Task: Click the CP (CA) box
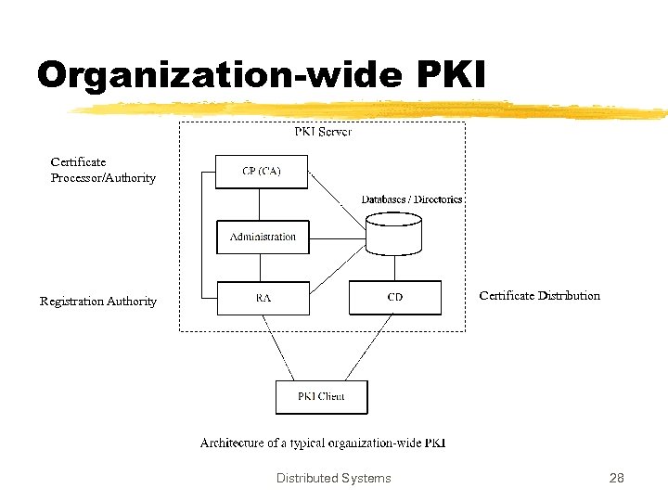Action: click(x=262, y=172)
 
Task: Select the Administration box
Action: click(x=263, y=237)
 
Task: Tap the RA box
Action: click(x=263, y=298)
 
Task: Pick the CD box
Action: click(x=395, y=298)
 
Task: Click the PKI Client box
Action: click(x=321, y=396)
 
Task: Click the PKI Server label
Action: click(x=323, y=132)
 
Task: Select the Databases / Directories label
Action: click(x=411, y=199)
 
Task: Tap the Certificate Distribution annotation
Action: click(x=539, y=296)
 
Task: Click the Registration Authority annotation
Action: click(x=98, y=302)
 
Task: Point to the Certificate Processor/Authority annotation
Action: click(x=103, y=170)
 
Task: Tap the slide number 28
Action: click(x=616, y=479)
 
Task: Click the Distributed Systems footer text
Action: click(x=333, y=479)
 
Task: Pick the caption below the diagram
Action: click(x=323, y=443)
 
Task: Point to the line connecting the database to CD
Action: click(x=394, y=269)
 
